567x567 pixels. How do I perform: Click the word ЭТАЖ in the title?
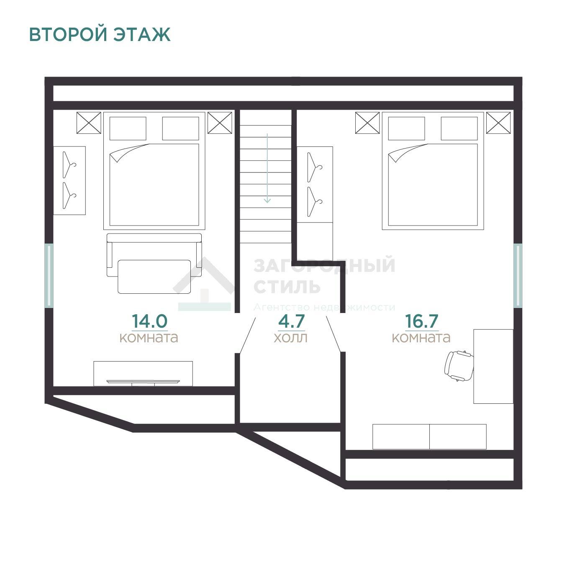click(x=142, y=34)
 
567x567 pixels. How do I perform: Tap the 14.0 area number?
click(x=149, y=321)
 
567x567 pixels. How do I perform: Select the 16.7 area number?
click(x=422, y=321)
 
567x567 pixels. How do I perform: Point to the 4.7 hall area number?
click(x=291, y=321)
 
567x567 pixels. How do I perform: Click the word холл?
click(x=291, y=338)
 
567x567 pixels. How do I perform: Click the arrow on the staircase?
click(x=267, y=168)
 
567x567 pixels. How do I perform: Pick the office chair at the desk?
click(x=459, y=366)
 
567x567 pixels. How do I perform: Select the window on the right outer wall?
click(x=518, y=275)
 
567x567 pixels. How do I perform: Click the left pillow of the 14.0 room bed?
click(x=128, y=128)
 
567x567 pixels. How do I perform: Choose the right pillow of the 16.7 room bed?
click(x=459, y=128)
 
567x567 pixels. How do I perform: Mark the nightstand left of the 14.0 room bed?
click(x=89, y=123)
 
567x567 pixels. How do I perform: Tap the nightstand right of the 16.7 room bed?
click(x=498, y=123)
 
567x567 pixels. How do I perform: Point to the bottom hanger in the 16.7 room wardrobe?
click(x=315, y=202)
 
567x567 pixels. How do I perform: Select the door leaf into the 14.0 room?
click(x=247, y=335)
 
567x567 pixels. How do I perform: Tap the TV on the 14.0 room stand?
click(x=143, y=382)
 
